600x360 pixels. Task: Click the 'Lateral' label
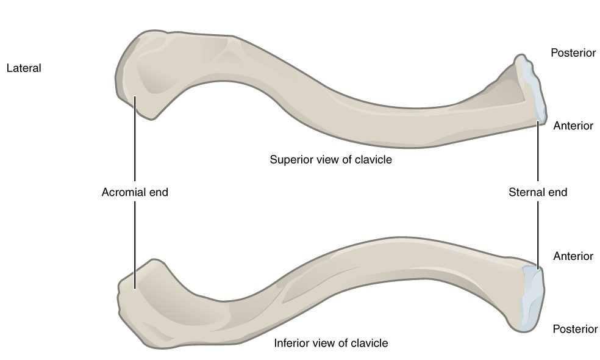click(23, 68)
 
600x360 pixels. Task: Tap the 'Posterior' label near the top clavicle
click(573, 53)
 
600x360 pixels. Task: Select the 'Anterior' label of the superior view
click(573, 126)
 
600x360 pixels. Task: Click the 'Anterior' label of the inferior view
click(573, 256)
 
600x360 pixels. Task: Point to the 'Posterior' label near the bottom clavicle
click(574, 329)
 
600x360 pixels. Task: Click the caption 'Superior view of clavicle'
click(330, 160)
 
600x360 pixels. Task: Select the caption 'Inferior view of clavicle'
click(331, 343)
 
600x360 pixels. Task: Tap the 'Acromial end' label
click(135, 192)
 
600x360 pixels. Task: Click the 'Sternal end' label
click(537, 192)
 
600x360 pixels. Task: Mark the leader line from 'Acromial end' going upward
click(134, 146)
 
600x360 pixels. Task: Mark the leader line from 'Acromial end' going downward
click(134, 238)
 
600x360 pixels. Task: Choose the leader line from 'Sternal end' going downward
click(537, 235)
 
